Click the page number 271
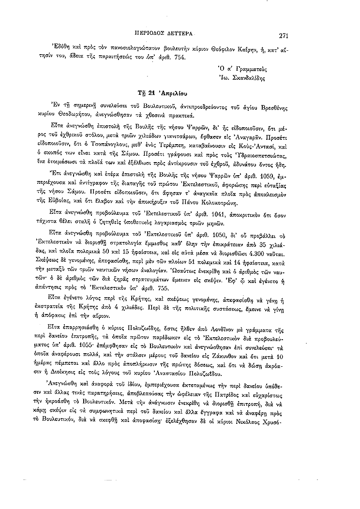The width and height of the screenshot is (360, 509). tap(281, 35)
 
